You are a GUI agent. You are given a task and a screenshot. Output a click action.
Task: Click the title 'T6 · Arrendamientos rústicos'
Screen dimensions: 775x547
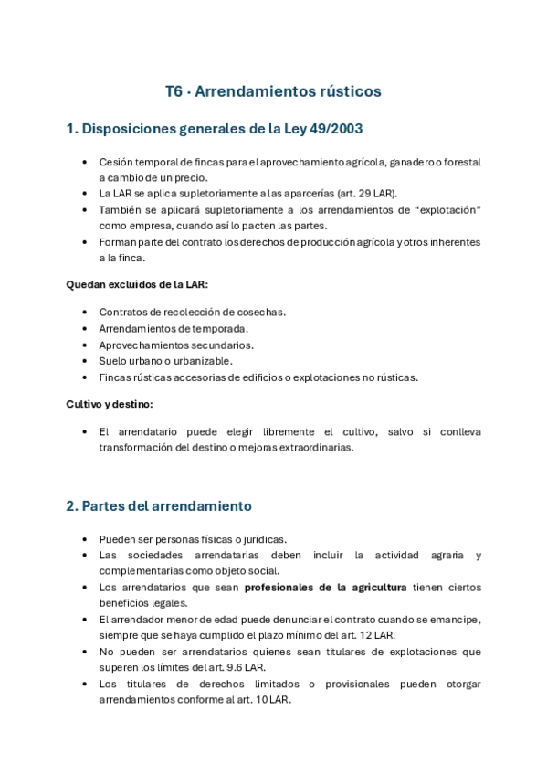273,91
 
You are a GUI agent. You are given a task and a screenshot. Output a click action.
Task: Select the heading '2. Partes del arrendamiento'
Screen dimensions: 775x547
159,505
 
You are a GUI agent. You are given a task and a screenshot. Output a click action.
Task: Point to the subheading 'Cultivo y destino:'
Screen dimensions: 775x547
110,403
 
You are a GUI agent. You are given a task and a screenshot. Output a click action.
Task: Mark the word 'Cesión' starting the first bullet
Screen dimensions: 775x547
114,162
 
